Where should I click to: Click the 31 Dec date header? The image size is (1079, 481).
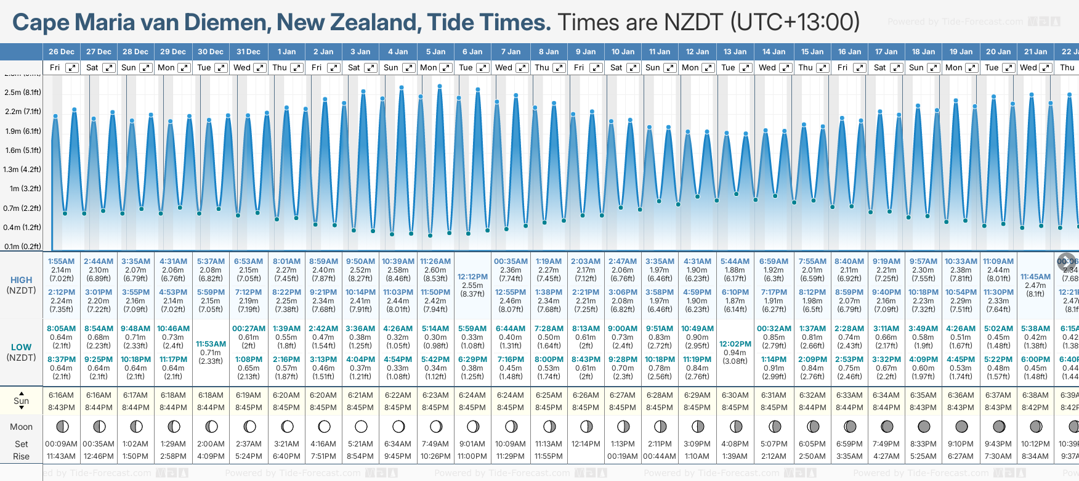tap(248, 52)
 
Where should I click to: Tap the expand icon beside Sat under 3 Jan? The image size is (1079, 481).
tap(371, 68)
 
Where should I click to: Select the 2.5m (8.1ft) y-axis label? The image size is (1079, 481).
tap(23, 92)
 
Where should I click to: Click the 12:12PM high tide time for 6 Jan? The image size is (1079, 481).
tap(472, 277)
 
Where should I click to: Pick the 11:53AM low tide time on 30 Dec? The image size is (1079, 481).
tap(211, 344)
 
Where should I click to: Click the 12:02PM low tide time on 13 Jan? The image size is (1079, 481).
tap(735, 344)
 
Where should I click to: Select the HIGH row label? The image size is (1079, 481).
tap(21, 280)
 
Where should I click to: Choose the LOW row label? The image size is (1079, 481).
tap(21, 347)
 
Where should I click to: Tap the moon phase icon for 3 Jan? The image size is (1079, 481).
tap(361, 426)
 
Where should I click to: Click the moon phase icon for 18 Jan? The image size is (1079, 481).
tap(924, 426)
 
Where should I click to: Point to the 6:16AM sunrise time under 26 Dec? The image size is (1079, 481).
tap(61, 395)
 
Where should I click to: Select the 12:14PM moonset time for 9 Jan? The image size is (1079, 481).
tap(586, 444)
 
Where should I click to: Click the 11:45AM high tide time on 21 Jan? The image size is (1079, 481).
tap(1035, 277)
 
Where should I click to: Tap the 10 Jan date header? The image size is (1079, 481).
tap(623, 52)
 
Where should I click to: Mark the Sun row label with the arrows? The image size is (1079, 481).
tap(21, 401)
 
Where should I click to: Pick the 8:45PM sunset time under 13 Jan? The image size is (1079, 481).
tap(735, 408)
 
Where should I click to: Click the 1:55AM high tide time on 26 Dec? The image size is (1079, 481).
tap(61, 261)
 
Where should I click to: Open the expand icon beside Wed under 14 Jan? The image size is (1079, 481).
tap(785, 68)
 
